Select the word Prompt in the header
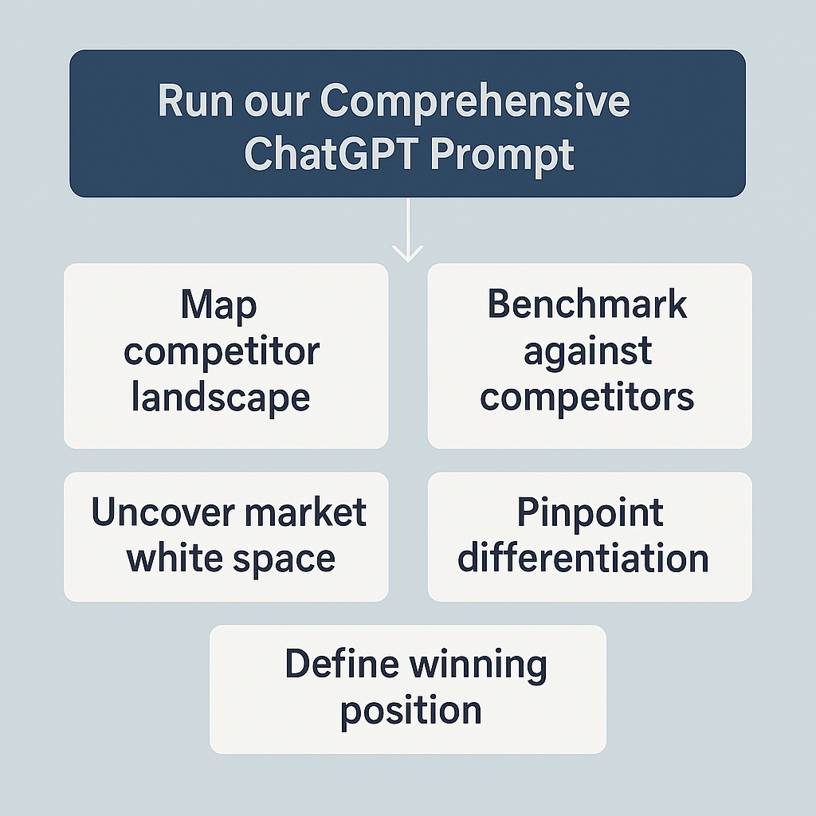(x=502, y=155)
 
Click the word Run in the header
(x=195, y=101)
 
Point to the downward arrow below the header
(x=407, y=230)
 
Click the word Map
(x=218, y=306)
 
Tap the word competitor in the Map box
(x=222, y=353)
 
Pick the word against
(x=587, y=352)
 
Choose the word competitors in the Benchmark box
(x=587, y=398)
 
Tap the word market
(x=305, y=512)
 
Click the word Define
(x=342, y=664)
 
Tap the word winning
(x=478, y=666)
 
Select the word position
(x=411, y=712)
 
